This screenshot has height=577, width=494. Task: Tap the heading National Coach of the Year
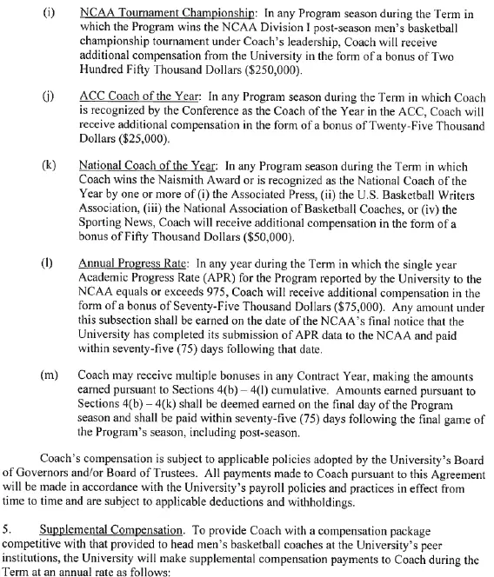tap(146, 165)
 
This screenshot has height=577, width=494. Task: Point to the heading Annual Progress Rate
tap(130, 261)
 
